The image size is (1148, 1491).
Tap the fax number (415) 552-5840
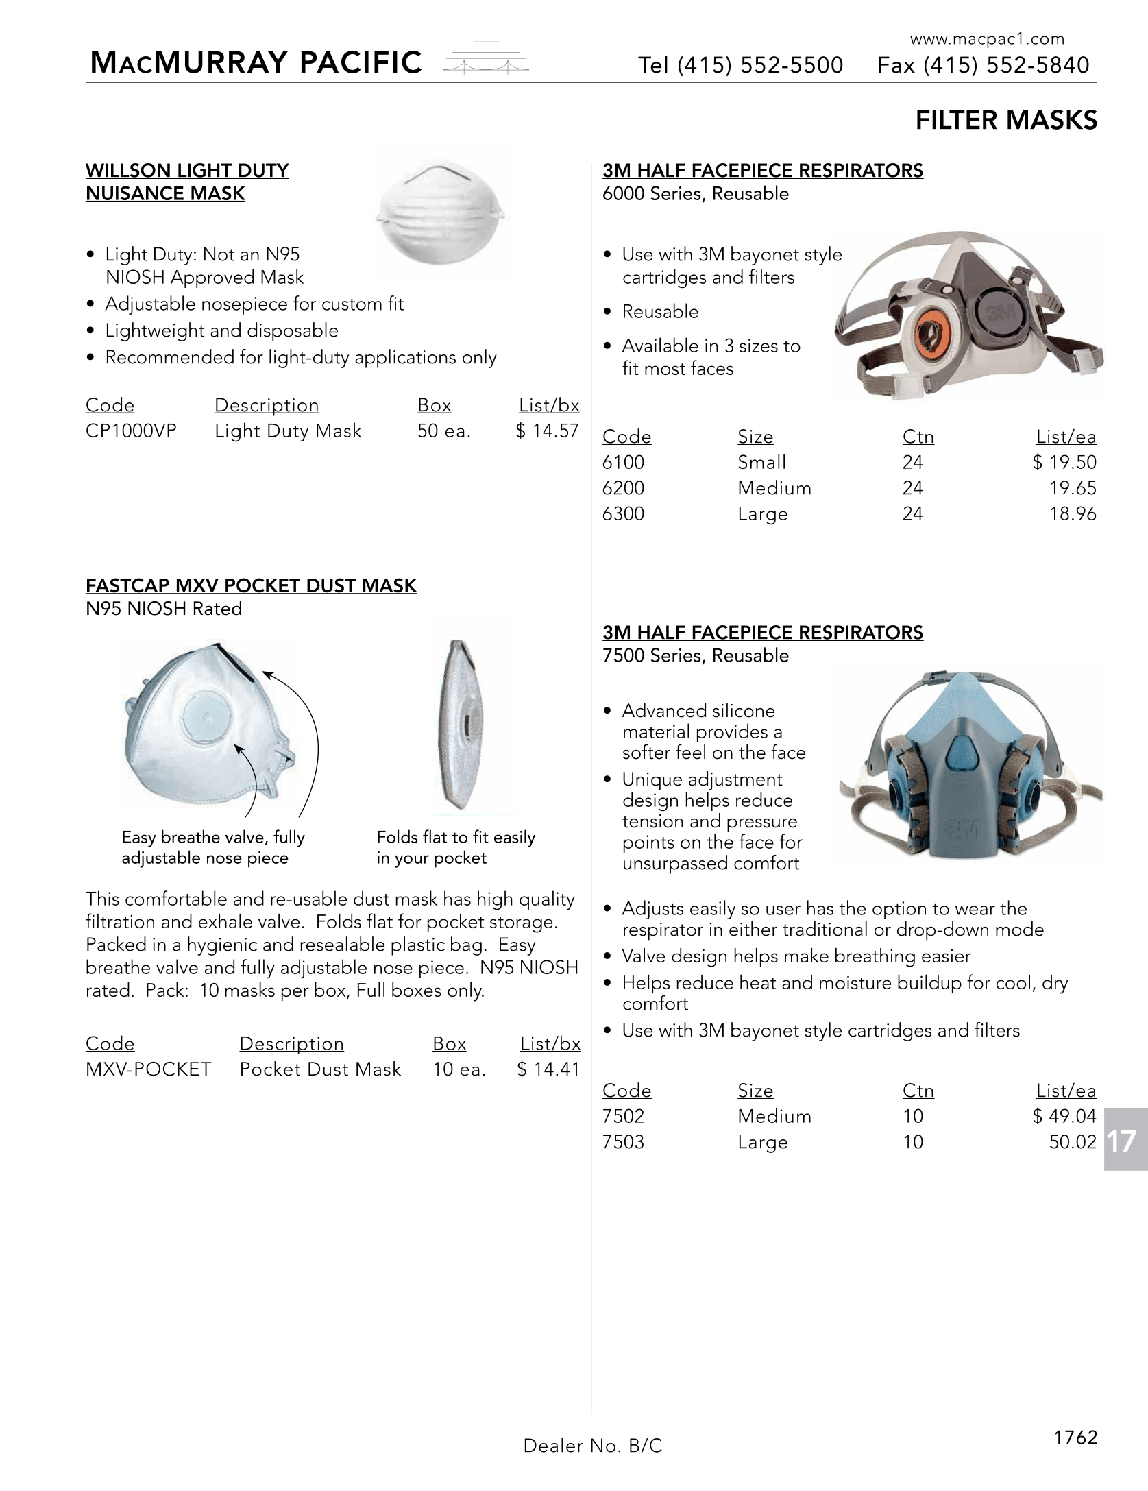tap(1006, 65)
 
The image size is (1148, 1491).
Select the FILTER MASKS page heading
tap(1005, 121)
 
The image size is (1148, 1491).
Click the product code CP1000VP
tap(131, 431)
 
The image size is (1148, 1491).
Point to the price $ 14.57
tap(547, 431)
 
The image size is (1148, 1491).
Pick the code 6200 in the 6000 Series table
tap(623, 488)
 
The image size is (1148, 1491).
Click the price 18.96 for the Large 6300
tap(1073, 513)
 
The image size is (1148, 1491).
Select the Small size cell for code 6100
tap(761, 463)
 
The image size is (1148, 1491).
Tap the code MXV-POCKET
tap(148, 1069)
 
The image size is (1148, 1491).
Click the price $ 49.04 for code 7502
tap(1064, 1116)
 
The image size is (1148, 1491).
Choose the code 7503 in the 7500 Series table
tap(623, 1142)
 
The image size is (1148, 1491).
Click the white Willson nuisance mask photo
tap(442, 215)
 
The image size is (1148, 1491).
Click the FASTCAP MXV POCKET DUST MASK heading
tap(251, 586)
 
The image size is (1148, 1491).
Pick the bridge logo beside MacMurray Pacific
tap(487, 62)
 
